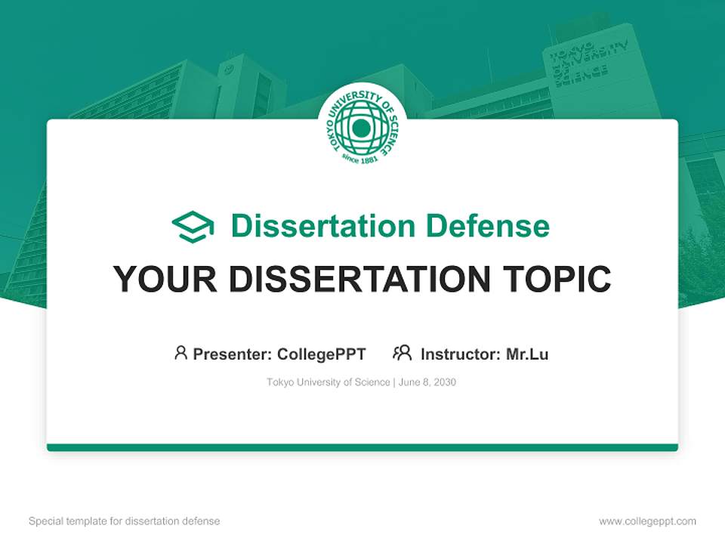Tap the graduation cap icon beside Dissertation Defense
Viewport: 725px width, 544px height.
[193, 227]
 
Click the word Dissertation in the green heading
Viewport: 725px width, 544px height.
[323, 226]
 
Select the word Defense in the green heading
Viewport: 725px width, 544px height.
[487, 226]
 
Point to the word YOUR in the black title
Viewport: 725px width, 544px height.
[165, 279]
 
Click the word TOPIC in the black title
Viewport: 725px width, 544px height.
[557, 279]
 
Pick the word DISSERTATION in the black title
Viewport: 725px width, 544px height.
[359, 279]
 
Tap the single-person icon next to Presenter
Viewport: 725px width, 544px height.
[180, 353]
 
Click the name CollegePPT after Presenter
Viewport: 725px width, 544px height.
[322, 354]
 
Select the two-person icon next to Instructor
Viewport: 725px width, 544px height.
[403, 353]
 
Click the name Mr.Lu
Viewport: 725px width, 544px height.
[527, 354]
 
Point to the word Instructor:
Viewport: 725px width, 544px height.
[461, 354]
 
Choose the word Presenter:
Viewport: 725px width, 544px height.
[232, 354]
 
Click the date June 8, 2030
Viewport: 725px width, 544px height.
[427, 382]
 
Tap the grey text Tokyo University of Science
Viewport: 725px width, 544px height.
[329, 382]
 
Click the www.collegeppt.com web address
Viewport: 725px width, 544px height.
[647, 521]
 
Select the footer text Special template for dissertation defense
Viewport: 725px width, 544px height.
[125, 521]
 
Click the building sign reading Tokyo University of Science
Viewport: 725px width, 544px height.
[588, 63]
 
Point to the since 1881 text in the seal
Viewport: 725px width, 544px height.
[360, 157]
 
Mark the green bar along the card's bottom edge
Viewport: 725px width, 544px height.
[362, 447]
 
